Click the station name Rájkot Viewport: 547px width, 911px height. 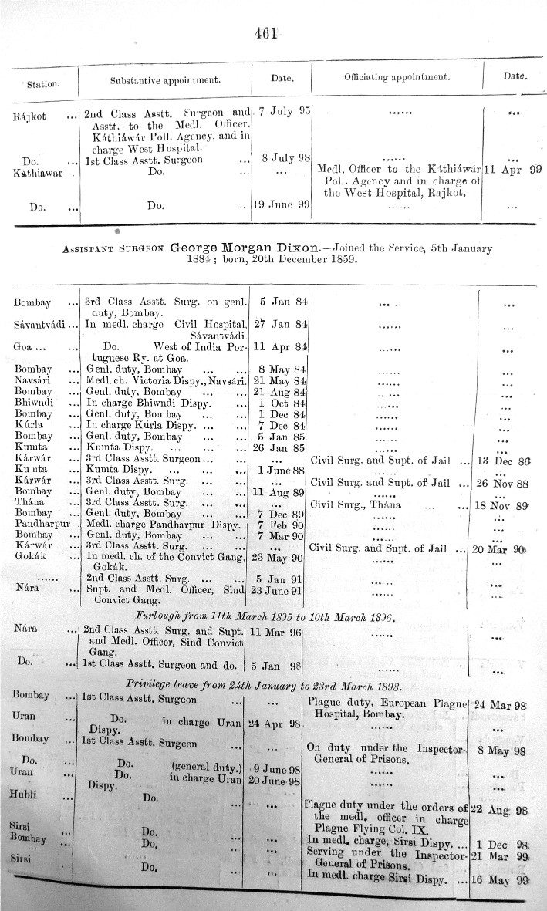pyautogui.click(x=31, y=115)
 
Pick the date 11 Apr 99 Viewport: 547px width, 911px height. pyautogui.click(x=512, y=169)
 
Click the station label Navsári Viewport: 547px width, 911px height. pyautogui.click(x=34, y=382)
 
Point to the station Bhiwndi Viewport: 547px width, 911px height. pyautogui.click(x=33, y=403)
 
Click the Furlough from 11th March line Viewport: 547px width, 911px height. pyautogui.click(x=265, y=617)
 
